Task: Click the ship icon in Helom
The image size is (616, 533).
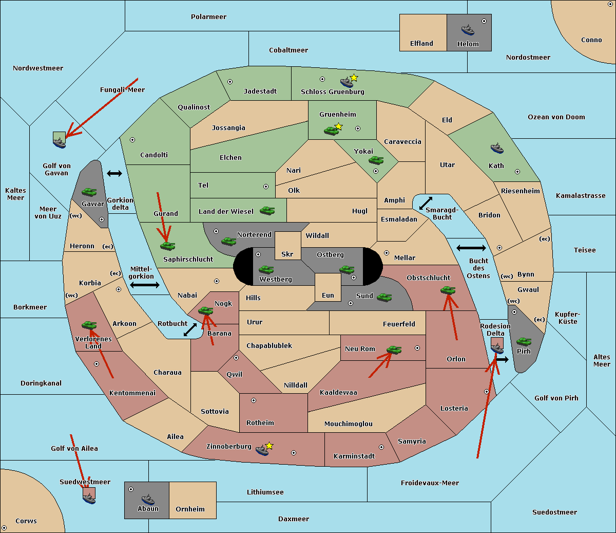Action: pyautogui.click(x=468, y=30)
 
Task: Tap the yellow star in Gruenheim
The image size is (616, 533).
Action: pyautogui.click(x=338, y=126)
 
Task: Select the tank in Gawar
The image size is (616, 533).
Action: pyautogui.click(x=89, y=192)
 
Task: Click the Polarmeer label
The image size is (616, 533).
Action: pyautogui.click(x=208, y=17)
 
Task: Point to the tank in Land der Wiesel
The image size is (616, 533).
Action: pyautogui.click(x=267, y=210)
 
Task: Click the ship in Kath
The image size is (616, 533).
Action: pyautogui.click(x=497, y=149)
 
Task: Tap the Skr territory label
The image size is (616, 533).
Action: pyautogui.click(x=287, y=254)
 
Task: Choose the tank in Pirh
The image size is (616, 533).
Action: pyautogui.click(x=524, y=341)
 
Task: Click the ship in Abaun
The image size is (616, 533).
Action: pyautogui.click(x=148, y=499)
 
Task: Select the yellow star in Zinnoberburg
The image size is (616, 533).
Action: pyautogui.click(x=269, y=446)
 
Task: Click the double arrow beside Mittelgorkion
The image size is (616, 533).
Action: pyautogui.click(x=145, y=285)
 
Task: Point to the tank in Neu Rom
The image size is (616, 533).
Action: pyautogui.click(x=394, y=350)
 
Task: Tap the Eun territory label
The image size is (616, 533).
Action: pyautogui.click(x=328, y=295)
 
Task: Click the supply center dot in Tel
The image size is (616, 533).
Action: pyautogui.click(x=266, y=187)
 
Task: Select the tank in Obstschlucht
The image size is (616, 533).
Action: pyautogui.click(x=448, y=290)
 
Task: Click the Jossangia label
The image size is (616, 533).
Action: pyautogui.click(x=228, y=128)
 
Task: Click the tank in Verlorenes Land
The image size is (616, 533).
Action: pyautogui.click(x=89, y=325)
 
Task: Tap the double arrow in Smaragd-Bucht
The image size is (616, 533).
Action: pyautogui.click(x=426, y=203)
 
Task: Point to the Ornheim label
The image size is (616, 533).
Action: pyautogui.click(x=190, y=509)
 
